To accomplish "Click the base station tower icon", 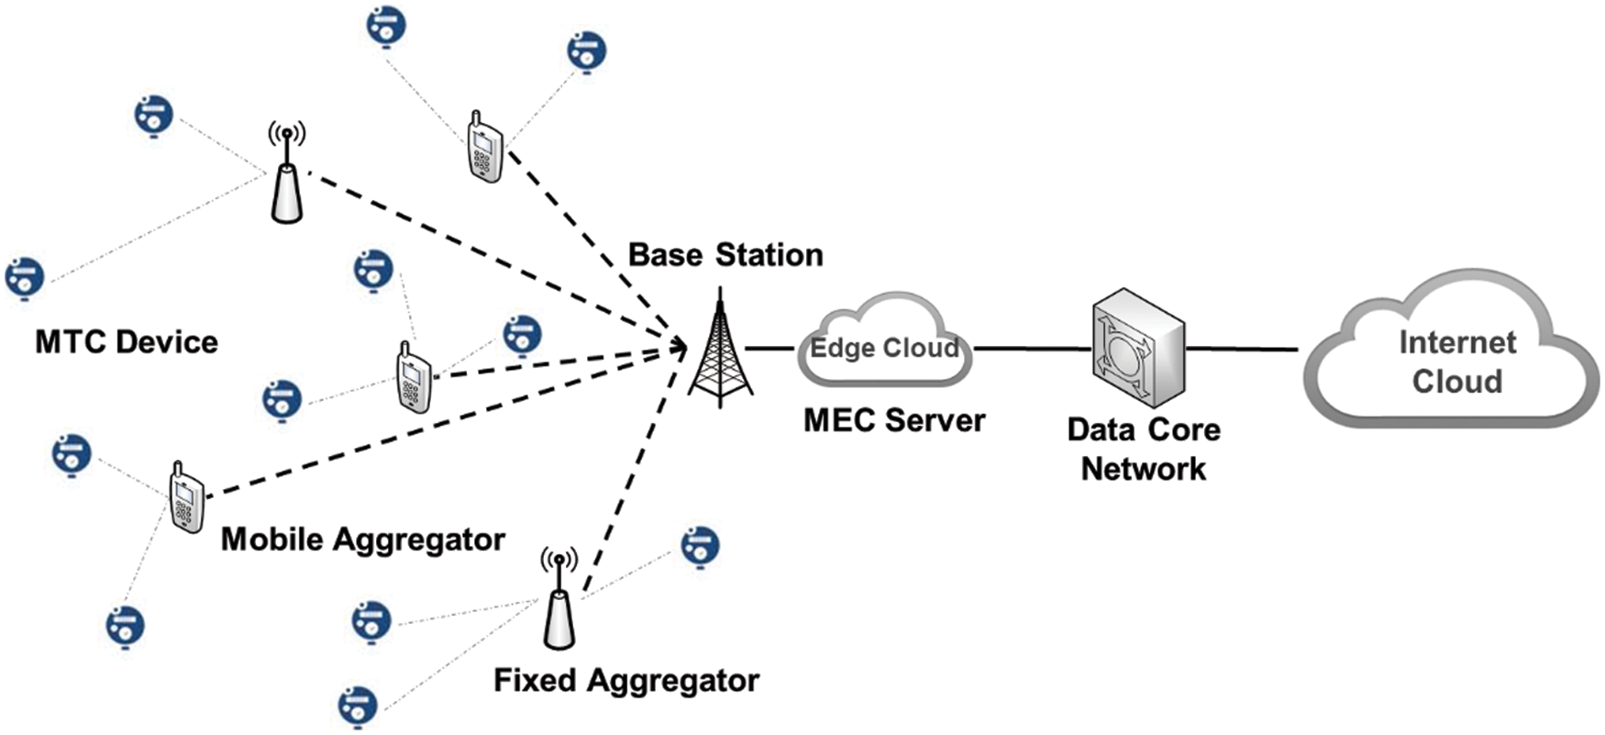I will (x=721, y=353).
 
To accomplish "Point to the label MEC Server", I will (x=893, y=421).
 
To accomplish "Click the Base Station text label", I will (x=725, y=255).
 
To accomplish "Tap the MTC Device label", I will (x=127, y=342).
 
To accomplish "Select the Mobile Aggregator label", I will (x=362, y=540).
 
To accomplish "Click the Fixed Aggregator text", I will (x=625, y=681).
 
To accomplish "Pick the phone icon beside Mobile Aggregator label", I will (x=186, y=499).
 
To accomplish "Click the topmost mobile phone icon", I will (x=485, y=148).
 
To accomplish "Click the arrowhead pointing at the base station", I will (x=680, y=346).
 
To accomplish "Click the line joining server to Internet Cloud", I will (x=1243, y=349).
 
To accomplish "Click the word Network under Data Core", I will (x=1143, y=469).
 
